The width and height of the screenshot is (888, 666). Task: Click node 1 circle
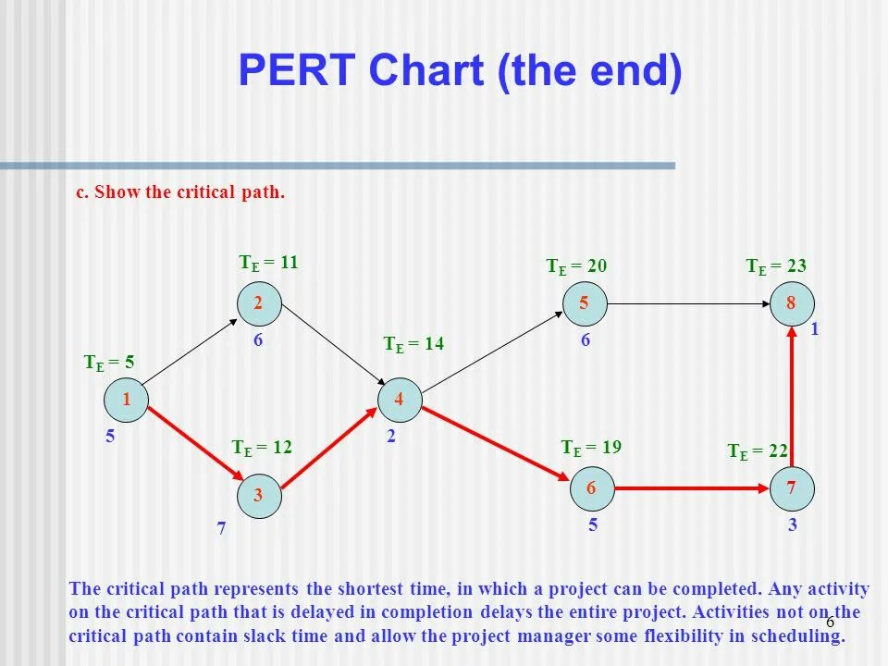point(125,400)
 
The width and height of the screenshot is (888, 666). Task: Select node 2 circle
point(258,303)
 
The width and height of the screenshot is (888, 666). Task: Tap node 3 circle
point(258,496)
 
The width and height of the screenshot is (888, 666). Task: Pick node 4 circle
point(400,400)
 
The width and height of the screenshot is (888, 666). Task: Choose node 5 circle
point(585,303)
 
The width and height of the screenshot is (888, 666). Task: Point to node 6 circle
point(591,487)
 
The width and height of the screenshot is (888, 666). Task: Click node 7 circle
point(793,487)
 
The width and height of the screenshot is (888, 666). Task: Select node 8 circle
point(793,303)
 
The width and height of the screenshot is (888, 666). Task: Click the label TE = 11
point(269,263)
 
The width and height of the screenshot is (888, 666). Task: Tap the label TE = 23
point(776,266)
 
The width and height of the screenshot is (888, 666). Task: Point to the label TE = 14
point(413,344)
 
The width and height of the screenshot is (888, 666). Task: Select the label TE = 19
point(590,448)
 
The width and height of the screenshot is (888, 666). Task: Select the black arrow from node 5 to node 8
point(689,303)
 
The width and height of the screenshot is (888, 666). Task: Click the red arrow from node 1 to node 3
point(191,448)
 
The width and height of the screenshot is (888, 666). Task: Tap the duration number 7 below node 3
point(222,531)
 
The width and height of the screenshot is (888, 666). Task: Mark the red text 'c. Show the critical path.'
point(180,193)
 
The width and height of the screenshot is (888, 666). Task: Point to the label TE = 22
point(758,451)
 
